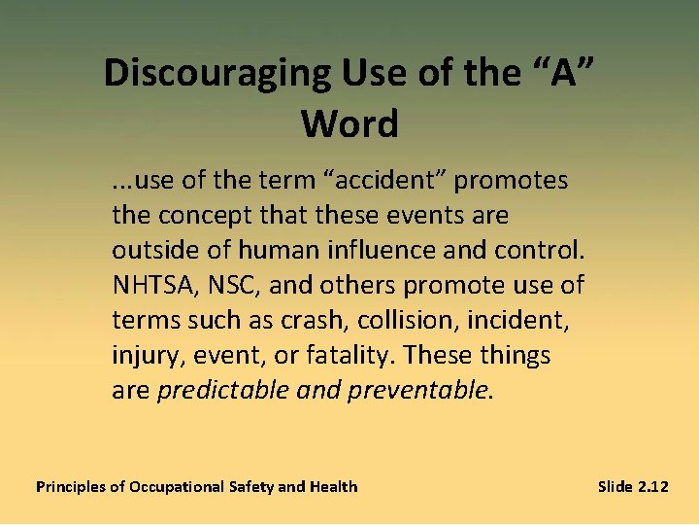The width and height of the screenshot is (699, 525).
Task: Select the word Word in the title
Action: pos(349,123)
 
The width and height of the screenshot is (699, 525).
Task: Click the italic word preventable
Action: pos(422,391)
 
